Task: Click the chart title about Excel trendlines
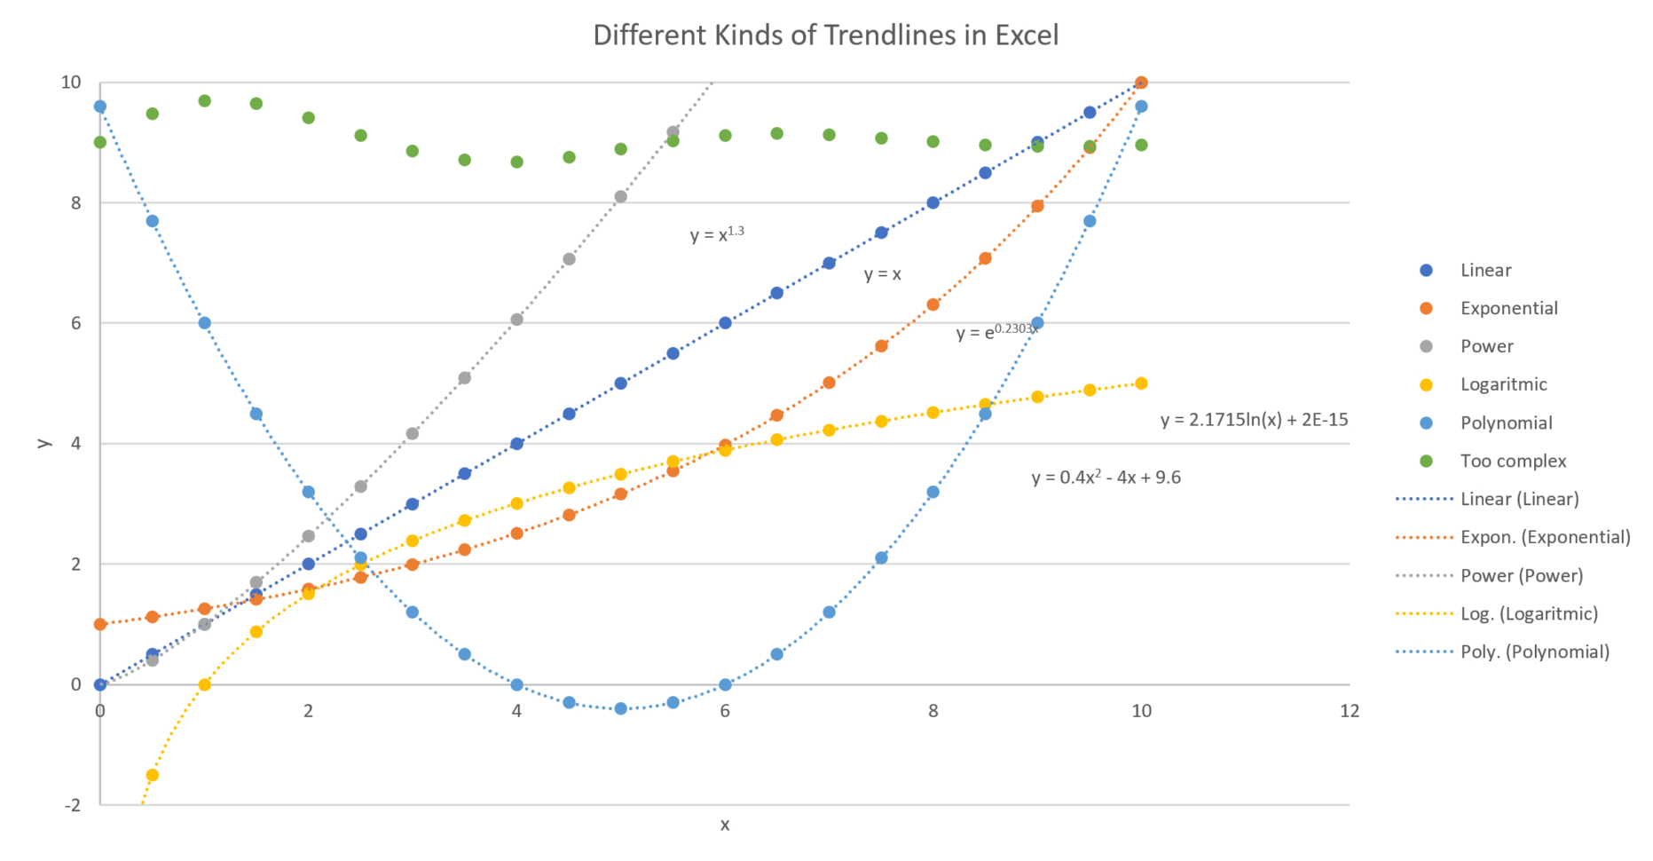click(825, 36)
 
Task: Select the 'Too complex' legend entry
click(1513, 461)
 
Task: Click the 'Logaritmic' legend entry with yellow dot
click(1503, 384)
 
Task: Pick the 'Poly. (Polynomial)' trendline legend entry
click(1534, 652)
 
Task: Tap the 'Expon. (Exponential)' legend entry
click(1545, 537)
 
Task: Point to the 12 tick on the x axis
click(1349, 711)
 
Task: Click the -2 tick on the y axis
click(72, 805)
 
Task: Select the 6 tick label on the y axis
click(75, 323)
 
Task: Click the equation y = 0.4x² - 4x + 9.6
click(1106, 478)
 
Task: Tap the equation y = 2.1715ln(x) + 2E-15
click(1254, 420)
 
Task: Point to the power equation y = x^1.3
click(717, 234)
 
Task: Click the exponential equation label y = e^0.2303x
click(996, 332)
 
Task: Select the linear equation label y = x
click(882, 274)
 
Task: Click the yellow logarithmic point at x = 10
click(1141, 383)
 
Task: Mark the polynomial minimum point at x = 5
click(620, 708)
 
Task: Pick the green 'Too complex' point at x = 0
click(100, 142)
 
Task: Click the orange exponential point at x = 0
click(100, 624)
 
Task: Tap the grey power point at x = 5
click(620, 196)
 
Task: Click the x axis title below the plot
click(725, 825)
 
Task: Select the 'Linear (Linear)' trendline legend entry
click(1519, 499)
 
